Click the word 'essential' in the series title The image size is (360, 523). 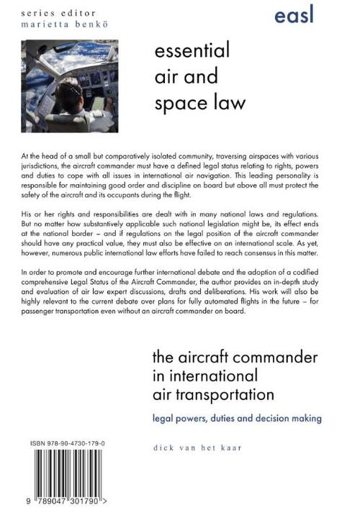tap(192, 51)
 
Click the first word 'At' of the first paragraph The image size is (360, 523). tap(27, 155)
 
